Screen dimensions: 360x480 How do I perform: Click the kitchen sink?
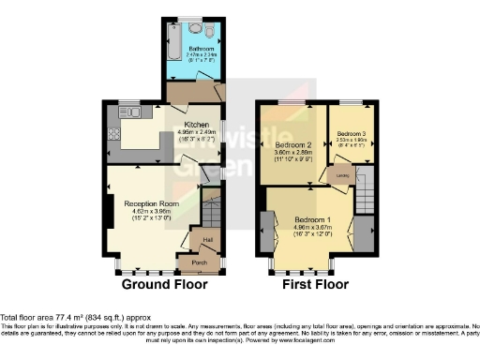point(132,112)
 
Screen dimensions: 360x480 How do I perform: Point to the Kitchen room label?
point(196,125)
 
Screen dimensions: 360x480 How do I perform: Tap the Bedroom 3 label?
point(352,134)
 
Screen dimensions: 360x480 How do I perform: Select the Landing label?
point(344,174)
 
